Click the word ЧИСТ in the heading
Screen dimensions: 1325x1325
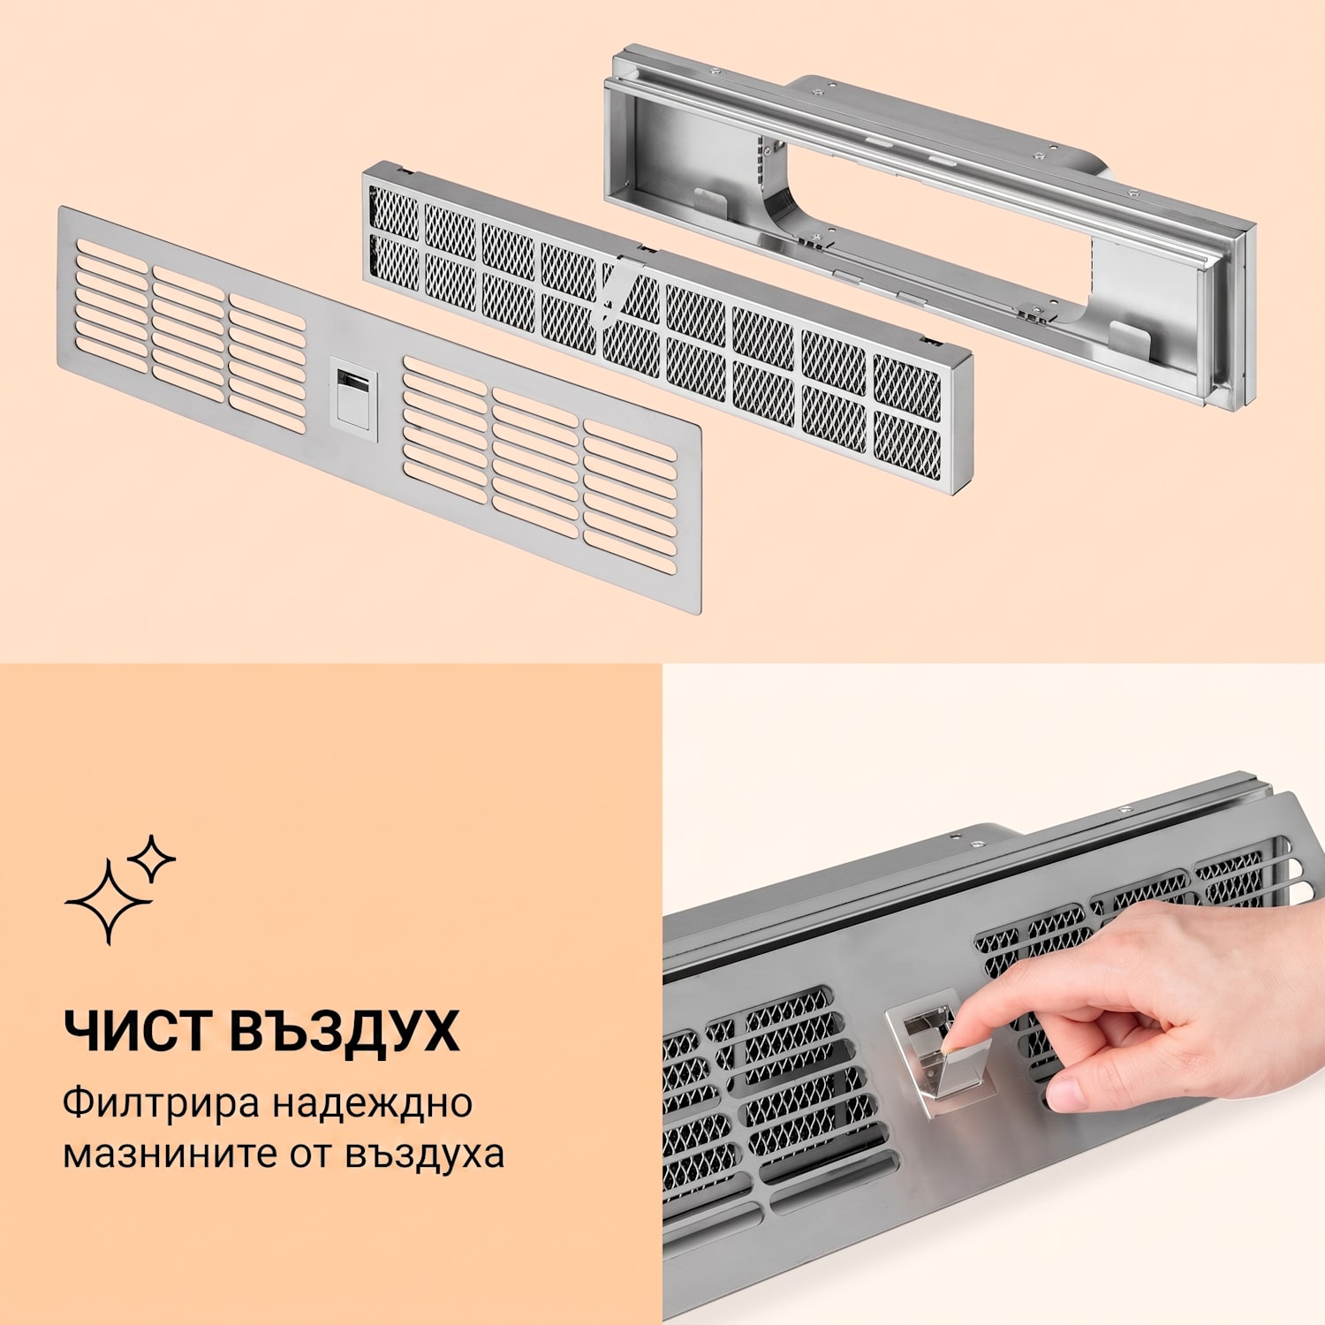point(136,1030)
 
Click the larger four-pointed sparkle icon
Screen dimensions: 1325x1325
point(109,902)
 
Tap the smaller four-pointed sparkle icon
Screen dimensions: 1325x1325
point(151,859)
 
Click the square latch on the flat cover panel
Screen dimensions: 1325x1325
point(353,394)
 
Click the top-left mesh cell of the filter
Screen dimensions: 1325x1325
point(393,212)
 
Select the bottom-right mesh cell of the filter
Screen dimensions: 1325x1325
point(907,446)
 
